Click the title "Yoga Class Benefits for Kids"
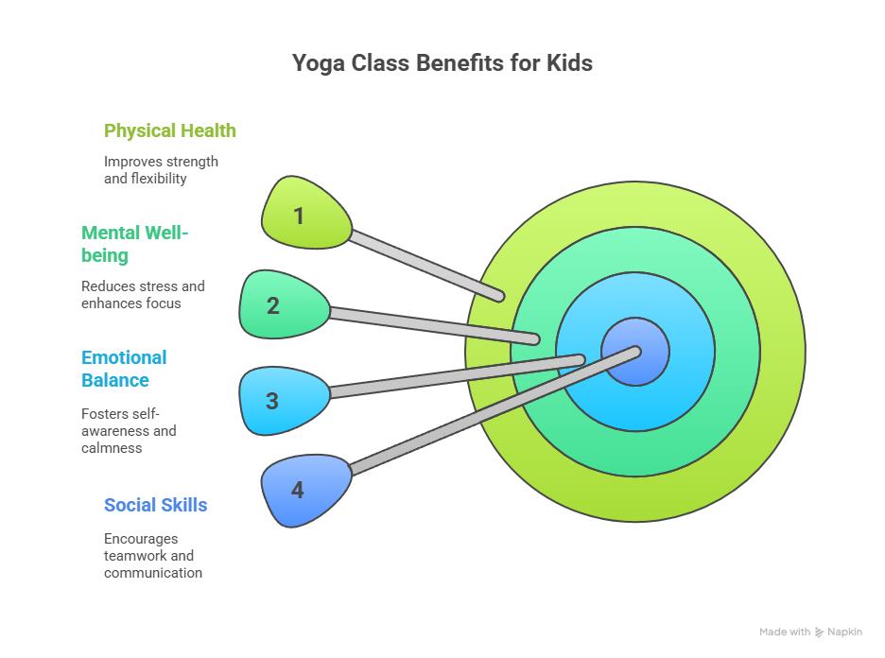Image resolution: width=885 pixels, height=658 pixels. click(x=442, y=63)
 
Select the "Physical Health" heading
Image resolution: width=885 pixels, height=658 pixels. click(x=170, y=130)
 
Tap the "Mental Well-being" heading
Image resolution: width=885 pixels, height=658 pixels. click(x=134, y=244)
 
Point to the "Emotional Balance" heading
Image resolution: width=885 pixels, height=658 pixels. click(x=124, y=369)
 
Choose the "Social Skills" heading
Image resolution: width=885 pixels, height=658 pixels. click(x=155, y=505)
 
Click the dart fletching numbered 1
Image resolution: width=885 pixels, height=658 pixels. click(x=301, y=216)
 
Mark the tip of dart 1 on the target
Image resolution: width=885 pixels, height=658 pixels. click(x=498, y=297)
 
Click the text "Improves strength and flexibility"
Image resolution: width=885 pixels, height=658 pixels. click(x=161, y=170)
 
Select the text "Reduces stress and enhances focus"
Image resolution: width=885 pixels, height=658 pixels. click(x=143, y=294)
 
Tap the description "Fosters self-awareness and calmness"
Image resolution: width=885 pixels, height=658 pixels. click(x=129, y=431)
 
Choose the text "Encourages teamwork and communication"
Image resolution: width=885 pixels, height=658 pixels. click(x=152, y=556)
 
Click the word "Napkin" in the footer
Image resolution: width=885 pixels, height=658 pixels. click(x=845, y=632)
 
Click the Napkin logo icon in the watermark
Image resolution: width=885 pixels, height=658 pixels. click(x=819, y=632)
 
